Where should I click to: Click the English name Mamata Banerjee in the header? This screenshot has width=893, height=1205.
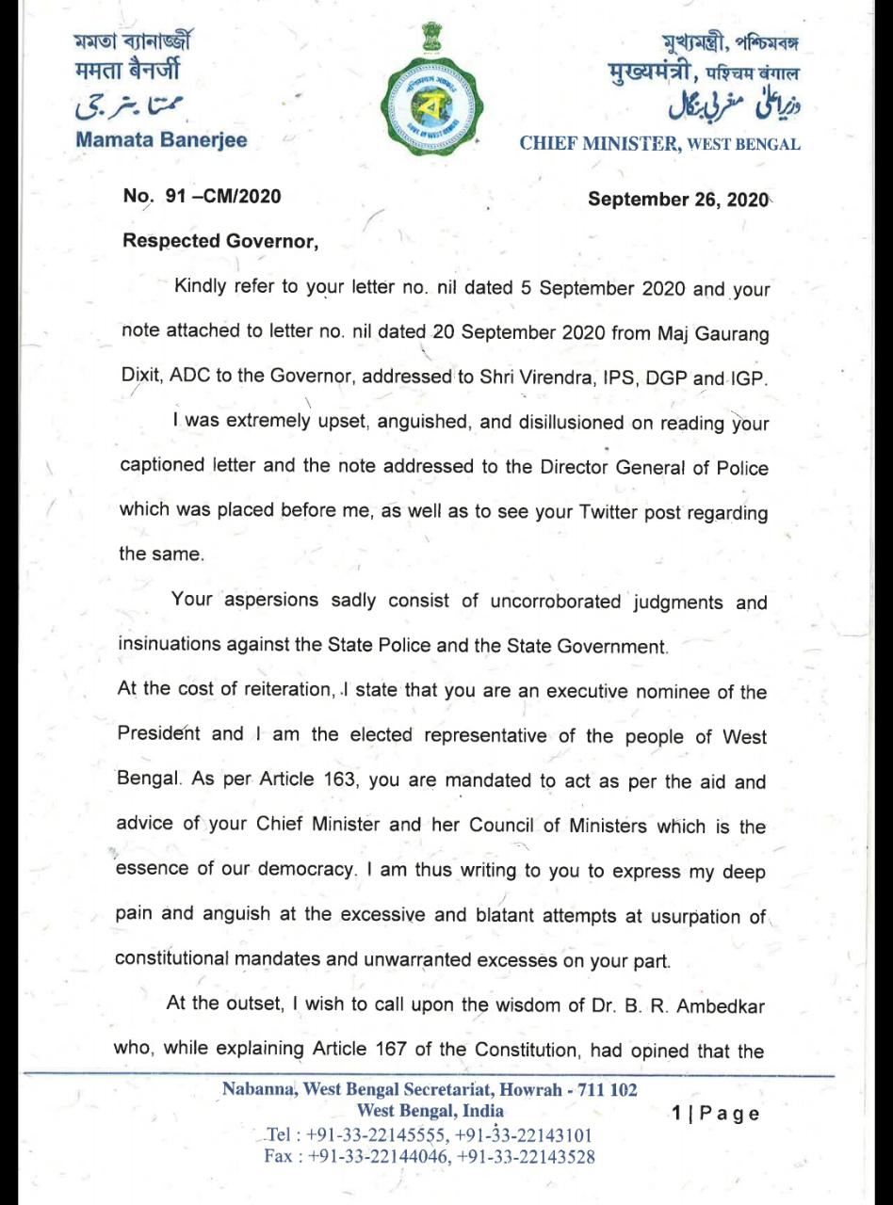161,140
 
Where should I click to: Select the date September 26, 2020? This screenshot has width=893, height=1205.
678,200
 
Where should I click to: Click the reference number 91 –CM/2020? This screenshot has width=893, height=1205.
202,198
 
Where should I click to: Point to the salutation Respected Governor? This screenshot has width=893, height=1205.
220,240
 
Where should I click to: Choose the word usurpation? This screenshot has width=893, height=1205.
701,917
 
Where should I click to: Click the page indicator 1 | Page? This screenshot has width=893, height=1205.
715,1114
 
